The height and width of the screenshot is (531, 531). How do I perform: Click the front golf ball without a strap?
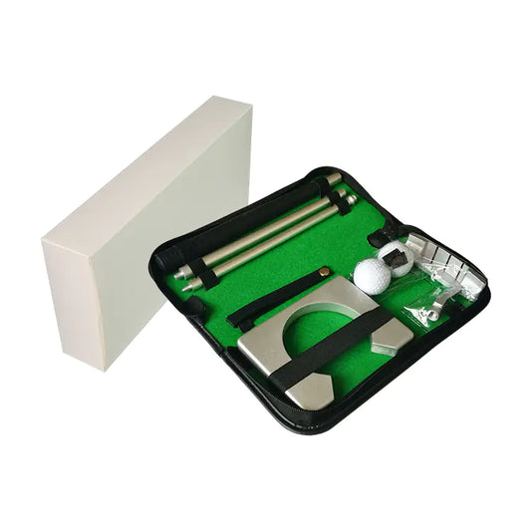pyautogui.click(x=372, y=275)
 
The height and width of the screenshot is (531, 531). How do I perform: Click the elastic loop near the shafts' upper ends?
pyautogui.click(x=343, y=200)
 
